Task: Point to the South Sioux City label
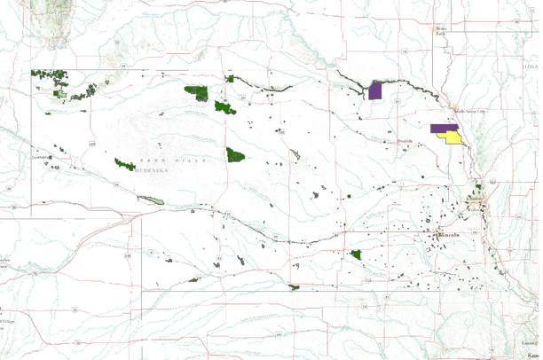pyautogui.click(x=470, y=112)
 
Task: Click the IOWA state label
pyautogui.click(x=531, y=67)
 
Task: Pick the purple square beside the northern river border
pyautogui.click(x=375, y=90)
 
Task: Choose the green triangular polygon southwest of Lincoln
pyautogui.click(x=357, y=255)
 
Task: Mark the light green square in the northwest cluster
pyautogui.click(x=62, y=92)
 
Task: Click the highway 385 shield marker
pyautogui.click(x=92, y=142)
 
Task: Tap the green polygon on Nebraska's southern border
pyautogui.click(x=294, y=286)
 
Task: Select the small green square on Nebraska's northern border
pyautogui.click(x=231, y=79)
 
